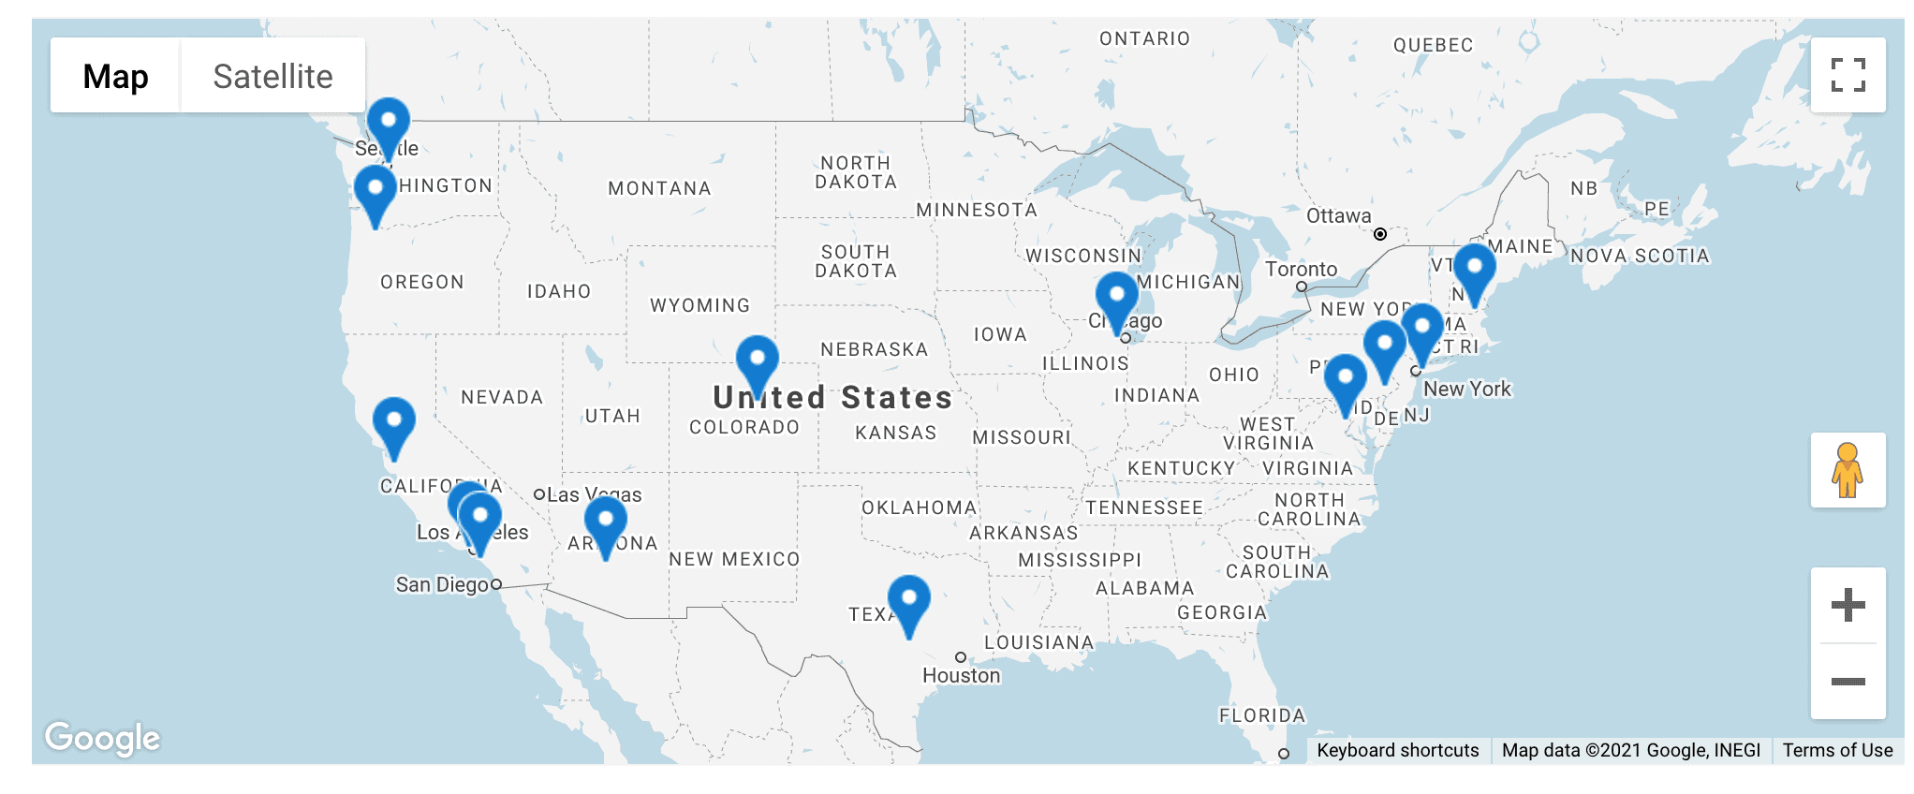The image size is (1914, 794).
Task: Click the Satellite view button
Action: coord(272,76)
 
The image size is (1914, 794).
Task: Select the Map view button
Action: coord(115,76)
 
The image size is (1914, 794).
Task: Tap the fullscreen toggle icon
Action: coord(1848,75)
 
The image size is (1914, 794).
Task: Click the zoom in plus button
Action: coord(1848,605)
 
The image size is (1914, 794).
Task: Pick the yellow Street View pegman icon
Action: coord(1848,470)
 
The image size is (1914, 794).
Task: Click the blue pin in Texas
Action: coord(908,599)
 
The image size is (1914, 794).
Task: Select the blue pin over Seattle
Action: coord(388,123)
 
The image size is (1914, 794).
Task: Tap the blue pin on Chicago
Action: coord(1116,297)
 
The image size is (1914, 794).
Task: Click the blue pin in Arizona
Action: coord(605,521)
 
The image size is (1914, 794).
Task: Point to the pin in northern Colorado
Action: coord(757,360)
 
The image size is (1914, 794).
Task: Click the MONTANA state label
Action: coord(659,188)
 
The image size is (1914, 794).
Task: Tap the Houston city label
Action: coord(961,675)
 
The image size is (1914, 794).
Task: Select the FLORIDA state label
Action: coord(1261,715)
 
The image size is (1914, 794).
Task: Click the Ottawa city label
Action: coord(1338,216)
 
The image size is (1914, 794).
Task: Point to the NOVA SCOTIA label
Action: coord(1640,256)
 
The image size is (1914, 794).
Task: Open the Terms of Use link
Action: coord(1837,750)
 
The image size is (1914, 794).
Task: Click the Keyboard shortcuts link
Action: coord(1397,750)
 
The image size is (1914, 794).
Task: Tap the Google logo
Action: coord(103,738)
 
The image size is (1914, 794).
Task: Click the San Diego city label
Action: coord(442,584)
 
